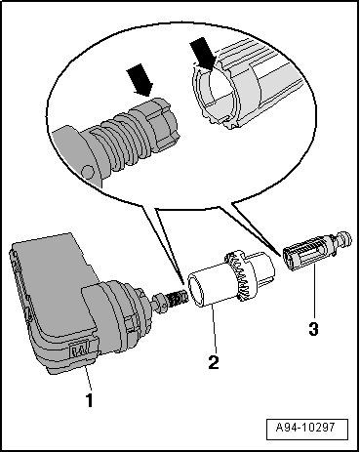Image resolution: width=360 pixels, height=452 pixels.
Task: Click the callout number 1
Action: point(89,400)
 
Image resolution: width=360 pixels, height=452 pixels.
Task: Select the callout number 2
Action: point(214,362)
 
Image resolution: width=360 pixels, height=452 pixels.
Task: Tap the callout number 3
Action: point(313,329)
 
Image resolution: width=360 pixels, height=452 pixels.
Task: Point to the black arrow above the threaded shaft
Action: point(140,80)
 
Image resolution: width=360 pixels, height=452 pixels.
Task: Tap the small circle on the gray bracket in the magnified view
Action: point(88,170)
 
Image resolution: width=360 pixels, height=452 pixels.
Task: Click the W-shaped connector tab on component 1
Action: point(81,350)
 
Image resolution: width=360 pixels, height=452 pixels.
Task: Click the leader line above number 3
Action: point(313,290)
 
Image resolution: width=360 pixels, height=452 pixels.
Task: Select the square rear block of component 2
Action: point(261,267)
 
